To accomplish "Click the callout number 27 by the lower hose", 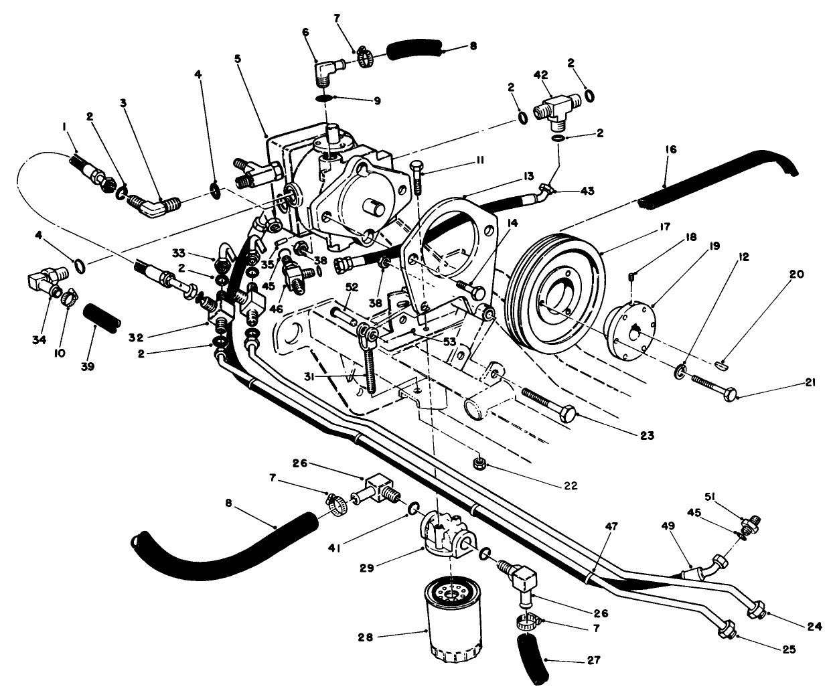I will click(x=593, y=660).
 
